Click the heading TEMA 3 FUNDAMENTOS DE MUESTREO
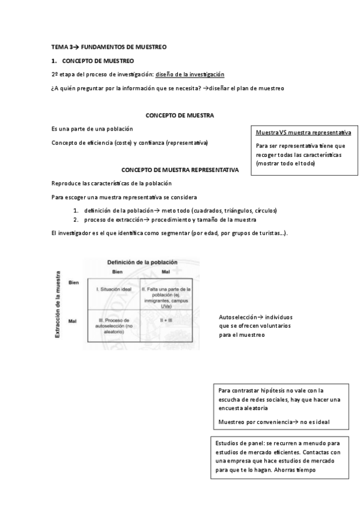click(x=108, y=46)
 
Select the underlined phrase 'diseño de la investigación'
click(x=190, y=74)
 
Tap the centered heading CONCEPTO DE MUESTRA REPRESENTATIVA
click(x=180, y=170)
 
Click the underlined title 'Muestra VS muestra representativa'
click(x=304, y=132)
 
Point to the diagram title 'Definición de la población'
click(x=142, y=262)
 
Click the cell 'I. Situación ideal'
click(x=114, y=289)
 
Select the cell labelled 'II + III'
click(x=166, y=321)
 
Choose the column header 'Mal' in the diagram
click(x=166, y=272)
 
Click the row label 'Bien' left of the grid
click(x=74, y=282)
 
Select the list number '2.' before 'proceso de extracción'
click(x=76, y=220)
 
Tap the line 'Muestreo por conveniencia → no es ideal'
click(x=274, y=421)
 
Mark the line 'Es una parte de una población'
click(x=92, y=129)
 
